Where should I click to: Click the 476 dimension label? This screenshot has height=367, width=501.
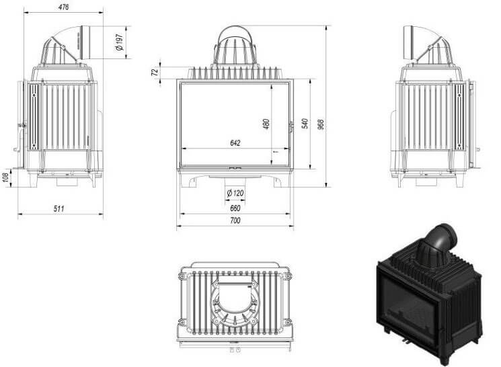(x=64, y=7)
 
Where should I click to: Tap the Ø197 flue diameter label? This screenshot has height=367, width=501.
(x=119, y=42)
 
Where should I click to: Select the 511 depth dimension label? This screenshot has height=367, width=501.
(x=59, y=208)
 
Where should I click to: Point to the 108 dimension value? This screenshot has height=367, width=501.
(x=5, y=178)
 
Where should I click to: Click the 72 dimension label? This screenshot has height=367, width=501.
(x=155, y=72)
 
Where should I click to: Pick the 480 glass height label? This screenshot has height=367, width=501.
(x=266, y=124)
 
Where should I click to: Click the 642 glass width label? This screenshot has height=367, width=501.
(x=235, y=142)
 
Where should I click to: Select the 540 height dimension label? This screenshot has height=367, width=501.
(x=305, y=124)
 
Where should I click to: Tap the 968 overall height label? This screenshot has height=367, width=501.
(x=321, y=124)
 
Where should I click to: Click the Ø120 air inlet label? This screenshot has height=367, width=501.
(x=235, y=193)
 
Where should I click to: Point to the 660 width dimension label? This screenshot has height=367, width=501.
(x=235, y=208)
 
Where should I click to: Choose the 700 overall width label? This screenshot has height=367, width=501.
(x=235, y=220)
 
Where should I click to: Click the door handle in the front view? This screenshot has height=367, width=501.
(x=291, y=127)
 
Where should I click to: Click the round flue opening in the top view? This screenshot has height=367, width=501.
(x=235, y=296)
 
